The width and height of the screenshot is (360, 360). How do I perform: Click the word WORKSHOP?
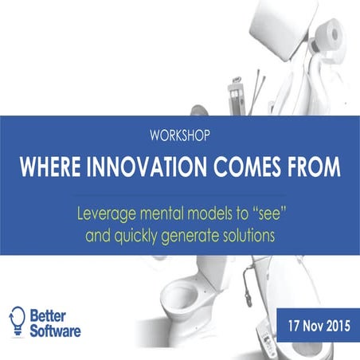(179, 135)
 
